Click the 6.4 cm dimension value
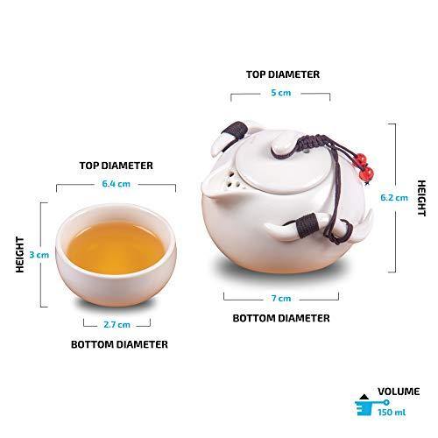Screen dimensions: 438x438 (x=116, y=184)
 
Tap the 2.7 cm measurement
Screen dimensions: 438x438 (x=117, y=324)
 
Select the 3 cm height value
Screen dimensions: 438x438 (x=39, y=255)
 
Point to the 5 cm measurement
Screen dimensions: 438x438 (x=281, y=93)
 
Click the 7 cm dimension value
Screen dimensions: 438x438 (x=281, y=298)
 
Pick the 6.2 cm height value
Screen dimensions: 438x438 (x=394, y=198)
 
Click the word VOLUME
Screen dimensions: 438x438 (x=399, y=392)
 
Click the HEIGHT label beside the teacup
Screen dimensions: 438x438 (x=20, y=255)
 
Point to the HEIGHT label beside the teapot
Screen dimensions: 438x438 (x=421, y=198)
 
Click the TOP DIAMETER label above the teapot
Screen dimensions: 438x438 (x=283, y=74)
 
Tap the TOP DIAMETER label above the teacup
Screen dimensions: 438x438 (x=117, y=166)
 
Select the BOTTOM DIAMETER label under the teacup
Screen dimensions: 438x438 (x=119, y=344)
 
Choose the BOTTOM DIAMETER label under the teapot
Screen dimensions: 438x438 (x=281, y=318)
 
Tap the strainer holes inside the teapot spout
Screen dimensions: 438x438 (x=234, y=180)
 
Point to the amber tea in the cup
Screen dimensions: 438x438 (x=116, y=248)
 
